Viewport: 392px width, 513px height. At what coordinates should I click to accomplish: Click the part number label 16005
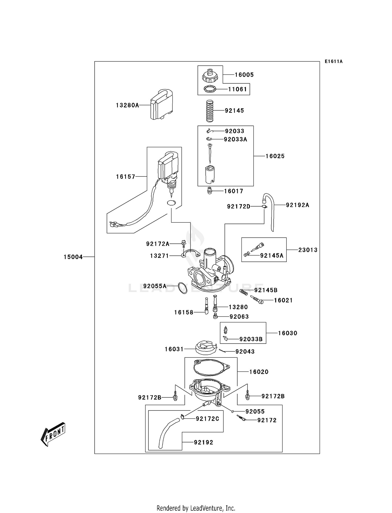coord(244,75)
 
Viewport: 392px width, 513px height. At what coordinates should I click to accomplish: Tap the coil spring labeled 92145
coord(210,111)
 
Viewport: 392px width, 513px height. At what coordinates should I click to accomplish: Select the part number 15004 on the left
coord(73,257)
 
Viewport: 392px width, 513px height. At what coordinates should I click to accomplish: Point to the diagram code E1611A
coord(333,61)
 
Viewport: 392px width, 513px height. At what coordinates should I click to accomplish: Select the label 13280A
coord(127,105)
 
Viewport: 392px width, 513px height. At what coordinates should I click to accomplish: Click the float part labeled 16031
coord(206,348)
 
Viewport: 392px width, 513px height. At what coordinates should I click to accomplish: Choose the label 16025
coord(275,156)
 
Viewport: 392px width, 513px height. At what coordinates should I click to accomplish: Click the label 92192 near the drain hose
coord(203,442)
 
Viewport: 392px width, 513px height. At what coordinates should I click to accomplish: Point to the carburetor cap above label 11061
coord(210,76)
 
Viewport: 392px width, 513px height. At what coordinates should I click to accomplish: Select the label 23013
coord(308,250)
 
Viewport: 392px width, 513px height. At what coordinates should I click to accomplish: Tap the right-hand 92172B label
coord(273,396)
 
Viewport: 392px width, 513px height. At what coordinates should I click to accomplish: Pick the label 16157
coord(125,177)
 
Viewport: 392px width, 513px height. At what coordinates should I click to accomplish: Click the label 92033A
coord(235,139)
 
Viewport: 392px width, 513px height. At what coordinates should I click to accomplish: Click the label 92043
coord(245,352)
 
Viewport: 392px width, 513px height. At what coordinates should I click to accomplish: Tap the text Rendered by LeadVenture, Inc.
coord(196,508)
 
